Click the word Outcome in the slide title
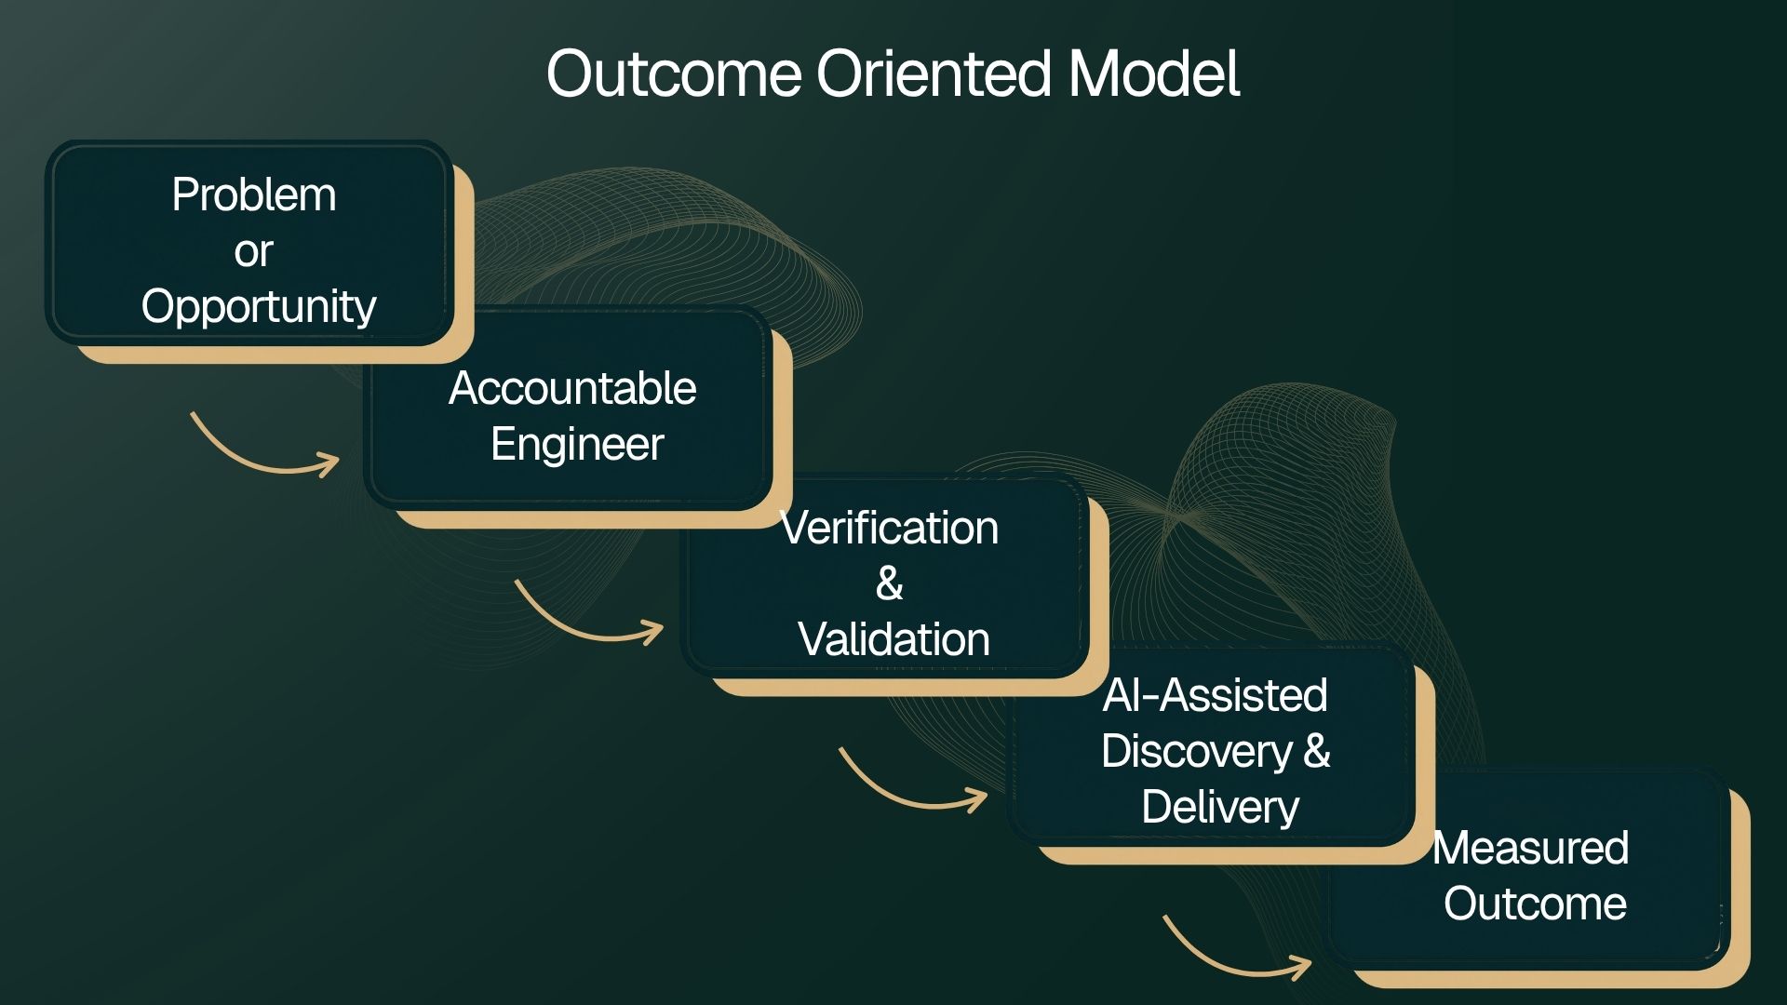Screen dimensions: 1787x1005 pyautogui.click(x=674, y=74)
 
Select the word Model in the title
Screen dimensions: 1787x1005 pyautogui.click(x=1154, y=74)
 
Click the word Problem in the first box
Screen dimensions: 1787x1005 pyautogui.click(x=254, y=195)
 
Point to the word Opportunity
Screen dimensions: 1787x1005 pyautogui.click(x=259, y=308)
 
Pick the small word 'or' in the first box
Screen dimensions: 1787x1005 pyautogui.click(x=253, y=252)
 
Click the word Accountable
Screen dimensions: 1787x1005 pyautogui.click(x=572, y=388)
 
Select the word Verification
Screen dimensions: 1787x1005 pyautogui.click(x=889, y=529)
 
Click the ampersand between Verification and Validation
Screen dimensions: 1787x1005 pyautogui.click(x=889, y=584)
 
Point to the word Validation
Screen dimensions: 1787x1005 pyautogui.click(x=893, y=640)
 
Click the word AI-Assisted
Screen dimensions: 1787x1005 pyautogui.click(x=1216, y=695)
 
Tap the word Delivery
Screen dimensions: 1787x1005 pyautogui.click(x=1220, y=808)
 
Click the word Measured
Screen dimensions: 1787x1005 pyautogui.click(x=1530, y=848)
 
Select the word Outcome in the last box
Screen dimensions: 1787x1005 pyautogui.click(x=1535, y=904)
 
